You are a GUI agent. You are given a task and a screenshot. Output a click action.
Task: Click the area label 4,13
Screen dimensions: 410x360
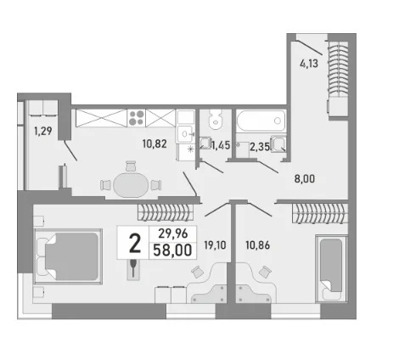(309, 64)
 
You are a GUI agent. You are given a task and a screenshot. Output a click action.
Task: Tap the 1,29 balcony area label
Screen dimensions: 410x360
(43, 131)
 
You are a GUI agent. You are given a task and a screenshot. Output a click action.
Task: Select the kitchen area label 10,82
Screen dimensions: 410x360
(154, 143)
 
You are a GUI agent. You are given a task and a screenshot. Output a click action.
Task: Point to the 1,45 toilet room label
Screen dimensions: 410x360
(222, 145)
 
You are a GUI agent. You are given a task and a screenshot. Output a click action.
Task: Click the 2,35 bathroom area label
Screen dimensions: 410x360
(260, 147)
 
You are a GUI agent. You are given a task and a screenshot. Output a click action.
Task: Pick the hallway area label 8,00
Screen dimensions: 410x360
(305, 179)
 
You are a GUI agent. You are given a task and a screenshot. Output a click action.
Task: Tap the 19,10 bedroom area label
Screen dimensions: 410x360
(215, 245)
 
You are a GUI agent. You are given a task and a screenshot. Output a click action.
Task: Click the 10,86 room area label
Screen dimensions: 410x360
(257, 245)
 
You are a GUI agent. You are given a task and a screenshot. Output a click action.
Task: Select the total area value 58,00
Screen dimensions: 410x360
(172, 250)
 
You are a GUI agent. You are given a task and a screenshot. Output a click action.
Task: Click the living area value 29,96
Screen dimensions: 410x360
(173, 233)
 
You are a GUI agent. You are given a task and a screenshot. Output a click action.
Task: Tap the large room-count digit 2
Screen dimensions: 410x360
(135, 244)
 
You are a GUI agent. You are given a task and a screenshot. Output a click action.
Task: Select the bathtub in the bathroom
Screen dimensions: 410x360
(261, 121)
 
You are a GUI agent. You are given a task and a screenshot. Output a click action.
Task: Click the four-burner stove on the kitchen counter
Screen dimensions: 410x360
(137, 118)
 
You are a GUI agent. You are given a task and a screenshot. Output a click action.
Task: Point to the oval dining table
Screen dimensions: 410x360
(131, 185)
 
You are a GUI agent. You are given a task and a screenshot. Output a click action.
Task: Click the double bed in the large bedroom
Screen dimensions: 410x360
(68, 256)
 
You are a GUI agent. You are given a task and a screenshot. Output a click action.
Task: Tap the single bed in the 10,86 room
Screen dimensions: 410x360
(331, 269)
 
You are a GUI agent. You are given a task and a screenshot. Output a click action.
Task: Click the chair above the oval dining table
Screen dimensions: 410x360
(131, 166)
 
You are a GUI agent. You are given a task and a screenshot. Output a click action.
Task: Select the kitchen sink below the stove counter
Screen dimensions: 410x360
(185, 133)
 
